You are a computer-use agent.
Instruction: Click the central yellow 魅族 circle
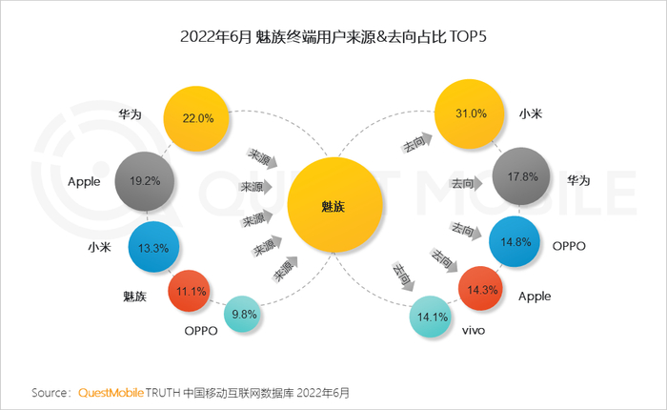pyautogui.click(x=334, y=205)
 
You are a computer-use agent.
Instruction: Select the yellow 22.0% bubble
pyautogui.click(x=196, y=119)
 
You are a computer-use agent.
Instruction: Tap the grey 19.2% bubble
pyautogui.click(x=145, y=181)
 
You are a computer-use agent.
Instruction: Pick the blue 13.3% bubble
pyautogui.click(x=153, y=247)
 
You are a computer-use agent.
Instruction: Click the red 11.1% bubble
pyautogui.click(x=190, y=291)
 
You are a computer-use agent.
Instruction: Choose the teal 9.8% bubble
pyautogui.click(x=242, y=315)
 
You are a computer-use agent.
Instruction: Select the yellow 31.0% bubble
pyautogui.click(x=469, y=113)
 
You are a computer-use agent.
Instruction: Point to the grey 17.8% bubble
pyautogui.click(x=521, y=176)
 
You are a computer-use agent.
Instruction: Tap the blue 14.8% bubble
pyautogui.click(x=515, y=241)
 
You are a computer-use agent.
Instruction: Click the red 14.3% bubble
pyautogui.click(x=480, y=289)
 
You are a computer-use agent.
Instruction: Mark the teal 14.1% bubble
pyautogui.click(x=431, y=317)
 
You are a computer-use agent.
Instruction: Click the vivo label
pyautogui.click(x=474, y=331)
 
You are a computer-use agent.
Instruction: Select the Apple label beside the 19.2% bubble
pyautogui.click(x=84, y=182)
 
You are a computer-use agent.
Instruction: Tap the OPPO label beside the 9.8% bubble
pyautogui.click(x=201, y=331)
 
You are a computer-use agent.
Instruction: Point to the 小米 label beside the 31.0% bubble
pyautogui.click(x=531, y=113)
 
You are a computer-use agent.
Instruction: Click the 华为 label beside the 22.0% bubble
pyautogui.click(x=130, y=114)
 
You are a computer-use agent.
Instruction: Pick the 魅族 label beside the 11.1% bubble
pyautogui.click(x=134, y=297)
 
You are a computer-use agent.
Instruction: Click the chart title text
pyautogui.click(x=333, y=36)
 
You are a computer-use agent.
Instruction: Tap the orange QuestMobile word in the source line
pyautogui.click(x=111, y=392)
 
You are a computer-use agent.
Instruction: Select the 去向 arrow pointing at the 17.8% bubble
pyautogui.click(x=466, y=183)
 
